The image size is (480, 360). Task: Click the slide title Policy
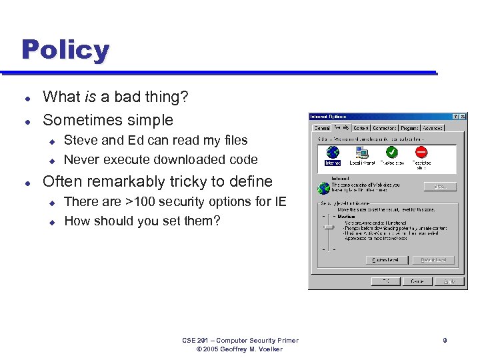tap(65, 50)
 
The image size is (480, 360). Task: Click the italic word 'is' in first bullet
tap(90, 97)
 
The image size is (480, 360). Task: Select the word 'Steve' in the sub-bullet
tap(80, 141)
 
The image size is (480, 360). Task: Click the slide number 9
tap(445, 341)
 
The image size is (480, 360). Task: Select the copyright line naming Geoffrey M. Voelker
tap(240, 349)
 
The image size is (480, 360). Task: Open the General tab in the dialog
tap(322, 128)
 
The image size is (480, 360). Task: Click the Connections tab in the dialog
tap(385, 128)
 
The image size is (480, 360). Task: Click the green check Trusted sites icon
tap(392, 153)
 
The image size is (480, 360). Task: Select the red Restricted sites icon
tap(421, 153)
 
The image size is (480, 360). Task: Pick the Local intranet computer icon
tap(362, 153)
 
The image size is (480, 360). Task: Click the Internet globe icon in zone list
tap(332, 153)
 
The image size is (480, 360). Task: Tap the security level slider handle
tap(327, 227)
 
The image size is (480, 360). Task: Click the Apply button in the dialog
tap(449, 281)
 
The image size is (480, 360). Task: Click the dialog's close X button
tap(462, 117)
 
